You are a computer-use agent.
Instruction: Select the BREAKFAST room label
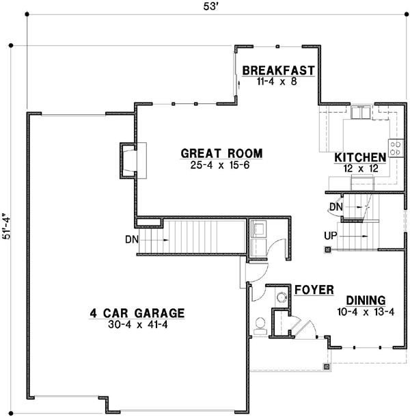[x=278, y=70]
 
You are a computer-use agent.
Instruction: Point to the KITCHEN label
[x=360, y=158]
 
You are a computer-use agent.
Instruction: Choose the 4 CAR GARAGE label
[x=137, y=314]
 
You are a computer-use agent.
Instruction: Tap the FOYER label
[x=314, y=291]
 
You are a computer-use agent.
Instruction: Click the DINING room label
[x=366, y=300]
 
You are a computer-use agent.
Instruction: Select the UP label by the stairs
[x=331, y=236]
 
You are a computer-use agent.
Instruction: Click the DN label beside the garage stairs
[x=133, y=240]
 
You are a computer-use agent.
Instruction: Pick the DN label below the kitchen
[x=336, y=206]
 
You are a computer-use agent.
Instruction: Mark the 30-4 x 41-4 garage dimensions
[x=137, y=325]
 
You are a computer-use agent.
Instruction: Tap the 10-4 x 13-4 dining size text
[x=366, y=312]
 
